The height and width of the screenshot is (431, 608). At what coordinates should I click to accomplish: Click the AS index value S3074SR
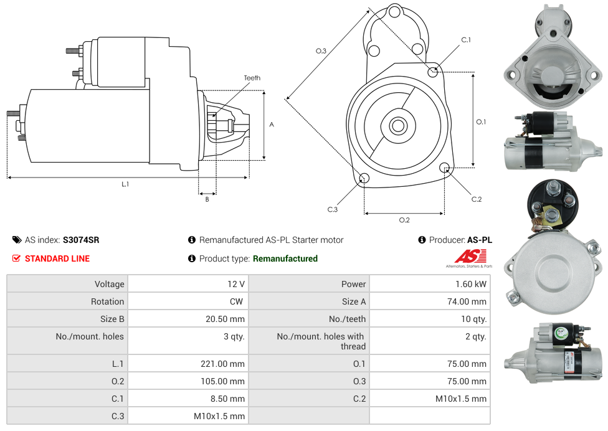click(80, 240)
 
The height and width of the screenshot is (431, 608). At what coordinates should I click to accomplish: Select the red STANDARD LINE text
click(57, 258)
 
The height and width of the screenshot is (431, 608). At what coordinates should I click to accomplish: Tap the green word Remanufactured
click(285, 258)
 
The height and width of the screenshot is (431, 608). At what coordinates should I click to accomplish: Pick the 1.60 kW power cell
click(471, 284)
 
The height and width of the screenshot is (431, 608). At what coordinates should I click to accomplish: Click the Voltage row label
click(109, 284)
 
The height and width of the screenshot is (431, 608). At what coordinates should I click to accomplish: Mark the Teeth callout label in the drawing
click(252, 78)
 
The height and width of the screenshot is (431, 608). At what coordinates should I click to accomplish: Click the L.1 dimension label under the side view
click(125, 184)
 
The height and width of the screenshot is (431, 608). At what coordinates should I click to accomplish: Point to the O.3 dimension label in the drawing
click(321, 51)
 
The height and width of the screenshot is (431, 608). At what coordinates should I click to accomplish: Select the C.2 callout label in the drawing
click(477, 199)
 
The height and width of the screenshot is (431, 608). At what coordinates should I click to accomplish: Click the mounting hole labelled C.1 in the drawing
click(433, 72)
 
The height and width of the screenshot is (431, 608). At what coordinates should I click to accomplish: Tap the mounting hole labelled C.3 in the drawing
click(364, 179)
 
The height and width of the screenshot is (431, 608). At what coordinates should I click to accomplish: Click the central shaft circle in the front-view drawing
click(397, 126)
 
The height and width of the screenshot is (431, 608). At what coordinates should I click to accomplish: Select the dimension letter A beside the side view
click(271, 125)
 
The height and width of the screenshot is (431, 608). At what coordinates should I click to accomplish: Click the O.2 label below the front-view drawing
click(404, 220)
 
